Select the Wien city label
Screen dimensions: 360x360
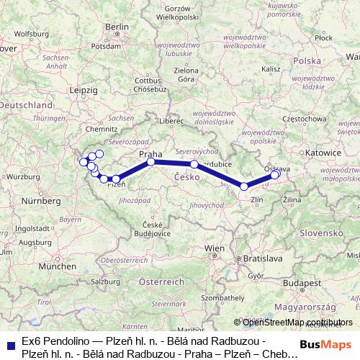215,248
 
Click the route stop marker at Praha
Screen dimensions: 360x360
151,162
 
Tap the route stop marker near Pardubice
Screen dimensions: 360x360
194,165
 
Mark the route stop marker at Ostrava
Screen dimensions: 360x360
275,174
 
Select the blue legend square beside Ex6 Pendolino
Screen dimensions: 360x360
9,345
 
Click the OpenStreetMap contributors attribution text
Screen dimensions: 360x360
297,323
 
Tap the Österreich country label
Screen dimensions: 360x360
161,281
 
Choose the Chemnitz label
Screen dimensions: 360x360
101,130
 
